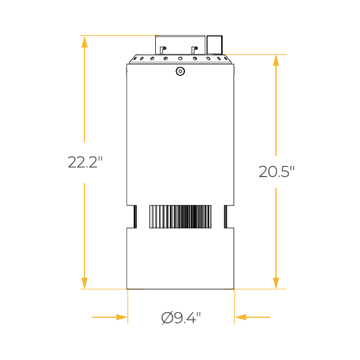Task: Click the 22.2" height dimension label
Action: [85, 162]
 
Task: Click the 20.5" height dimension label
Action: [276, 172]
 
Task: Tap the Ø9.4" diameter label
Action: [181, 318]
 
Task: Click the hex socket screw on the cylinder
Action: [180, 71]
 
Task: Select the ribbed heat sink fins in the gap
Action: [180, 217]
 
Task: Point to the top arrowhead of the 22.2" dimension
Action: [84, 42]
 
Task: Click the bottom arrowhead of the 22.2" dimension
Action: [84, 283]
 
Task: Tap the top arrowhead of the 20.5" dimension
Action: [276, 61]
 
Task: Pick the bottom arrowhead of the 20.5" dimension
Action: [276, 283]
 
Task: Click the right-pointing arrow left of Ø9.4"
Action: [110, 317]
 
